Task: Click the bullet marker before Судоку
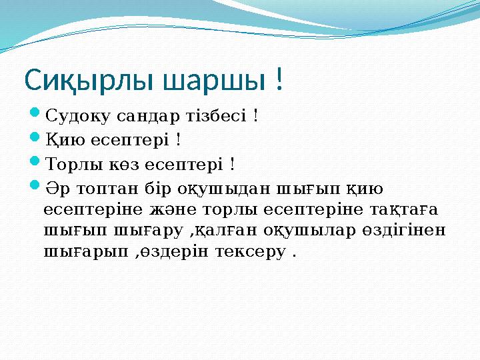coord(36,116)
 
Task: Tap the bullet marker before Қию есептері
coord(36,139)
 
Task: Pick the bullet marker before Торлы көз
coord(36,163)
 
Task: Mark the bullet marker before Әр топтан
coord(36,186)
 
